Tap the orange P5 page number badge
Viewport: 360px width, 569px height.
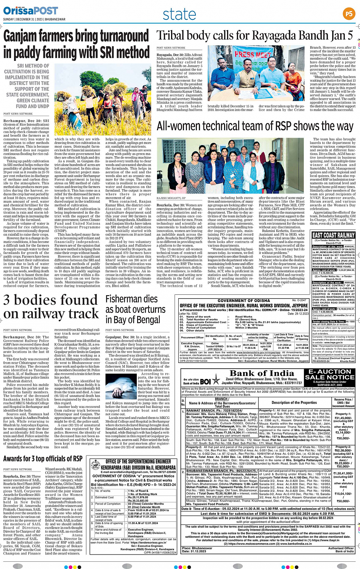(349, 14)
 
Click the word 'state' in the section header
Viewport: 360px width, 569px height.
(179, 14)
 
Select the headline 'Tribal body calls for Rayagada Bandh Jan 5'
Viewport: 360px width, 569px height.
(254, 35)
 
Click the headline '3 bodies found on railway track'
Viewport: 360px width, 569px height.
(51, 307)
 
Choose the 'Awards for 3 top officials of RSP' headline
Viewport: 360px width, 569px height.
(43, 459)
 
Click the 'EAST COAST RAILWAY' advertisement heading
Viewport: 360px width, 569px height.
(333, 235)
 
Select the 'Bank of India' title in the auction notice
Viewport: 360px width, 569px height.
(262, 373)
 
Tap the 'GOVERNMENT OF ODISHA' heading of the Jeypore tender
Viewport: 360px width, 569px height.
(244, 300)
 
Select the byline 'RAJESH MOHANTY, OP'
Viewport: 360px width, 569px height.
(171, 198)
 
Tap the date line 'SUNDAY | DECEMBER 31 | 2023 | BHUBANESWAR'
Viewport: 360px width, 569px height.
(34, 19)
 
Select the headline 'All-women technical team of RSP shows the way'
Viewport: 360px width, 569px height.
(255, 126)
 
